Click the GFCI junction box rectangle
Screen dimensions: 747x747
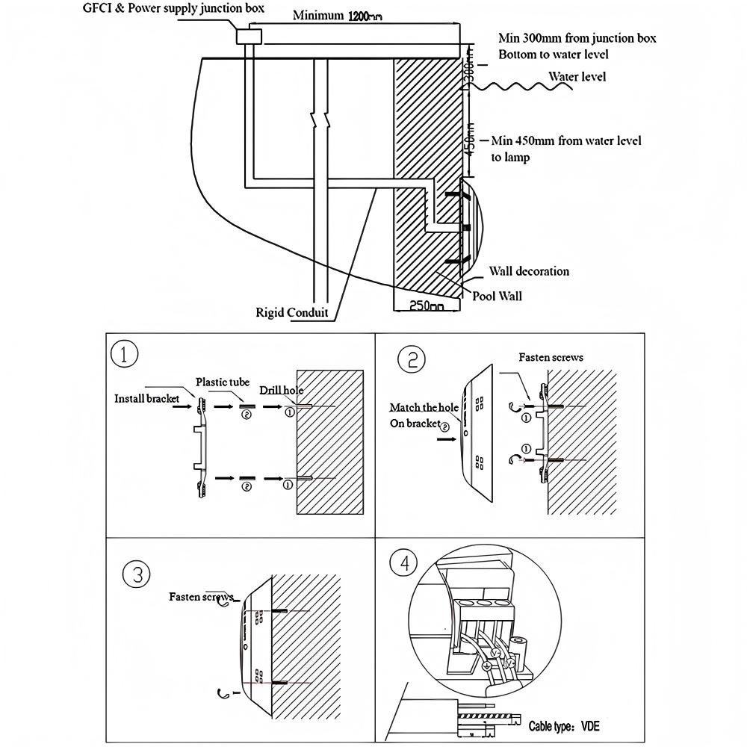[249, 36]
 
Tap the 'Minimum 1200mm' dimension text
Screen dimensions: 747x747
[338, 15]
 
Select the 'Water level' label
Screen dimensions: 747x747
[577, 76]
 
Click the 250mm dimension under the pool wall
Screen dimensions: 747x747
[427, 305]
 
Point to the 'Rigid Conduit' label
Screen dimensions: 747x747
[292, 312]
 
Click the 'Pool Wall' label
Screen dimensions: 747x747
[497, 296]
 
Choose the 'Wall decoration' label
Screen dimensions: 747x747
[529, 271]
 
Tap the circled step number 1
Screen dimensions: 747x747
[124, 354]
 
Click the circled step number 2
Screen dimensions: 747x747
[411, 359]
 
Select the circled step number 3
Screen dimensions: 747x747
[137, 574]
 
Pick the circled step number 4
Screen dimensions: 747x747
[404, 562]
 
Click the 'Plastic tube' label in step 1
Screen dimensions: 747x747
[223, 382]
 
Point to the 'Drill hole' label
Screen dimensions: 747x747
[281, 390]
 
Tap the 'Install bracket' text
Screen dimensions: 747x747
[146, 398]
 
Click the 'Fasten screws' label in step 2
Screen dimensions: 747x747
[551, 357]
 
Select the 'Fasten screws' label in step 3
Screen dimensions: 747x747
[202, 597]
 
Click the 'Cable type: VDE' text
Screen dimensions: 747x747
[563, 727]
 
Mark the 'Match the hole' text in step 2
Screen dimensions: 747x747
[424, 407]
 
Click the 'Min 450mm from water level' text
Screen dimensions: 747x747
[566, 140]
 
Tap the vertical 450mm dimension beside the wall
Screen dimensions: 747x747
[470, 139]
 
